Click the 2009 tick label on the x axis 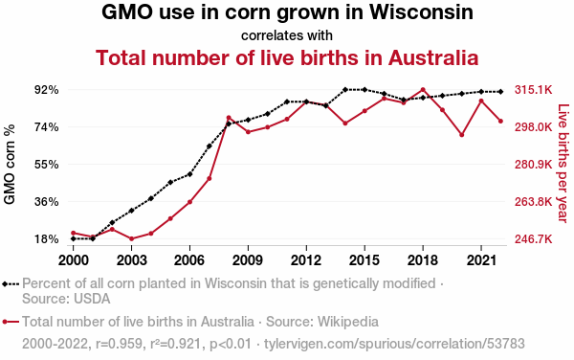[248, 260]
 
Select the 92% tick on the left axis [47, 90]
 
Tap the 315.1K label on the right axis [534, 90]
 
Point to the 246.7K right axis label [534, 239]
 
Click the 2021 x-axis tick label [481, 260]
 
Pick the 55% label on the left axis [47, 165]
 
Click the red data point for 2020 [462, 135]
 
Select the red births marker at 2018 [423, 90]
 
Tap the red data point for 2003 [131, 238]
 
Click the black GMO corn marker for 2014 [345, 89]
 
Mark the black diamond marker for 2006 [189, 174]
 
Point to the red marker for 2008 [229, 118]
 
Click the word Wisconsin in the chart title [421, 12]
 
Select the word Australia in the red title [433, 57]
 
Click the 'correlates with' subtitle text [287, 35]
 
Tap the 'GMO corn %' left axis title [10, 165]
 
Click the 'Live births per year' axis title [563, 164]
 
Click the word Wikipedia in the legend [348, 322]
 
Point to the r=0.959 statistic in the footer [119, 344]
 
